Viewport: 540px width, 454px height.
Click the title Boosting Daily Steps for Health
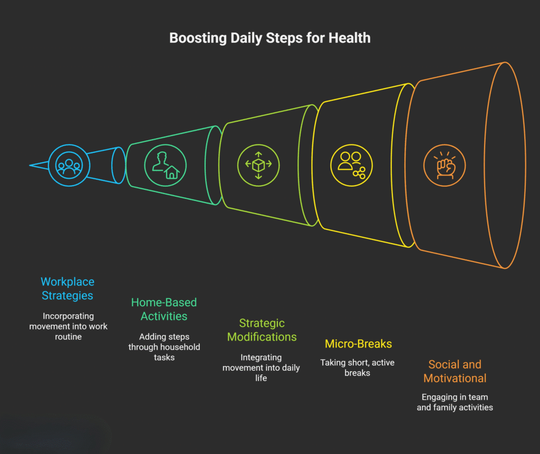pos(269,38)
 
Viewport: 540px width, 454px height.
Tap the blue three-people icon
pos(69,165)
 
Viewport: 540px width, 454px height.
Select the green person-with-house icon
pos(165,165)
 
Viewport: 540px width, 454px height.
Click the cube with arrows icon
pos(258,165)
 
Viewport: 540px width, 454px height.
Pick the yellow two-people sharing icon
pos(351,165)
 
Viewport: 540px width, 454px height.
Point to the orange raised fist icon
pos(445,165)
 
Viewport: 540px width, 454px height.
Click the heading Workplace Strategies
pos(67,288)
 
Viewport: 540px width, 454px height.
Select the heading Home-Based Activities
pos(163,309)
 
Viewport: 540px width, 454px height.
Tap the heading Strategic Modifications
pos(262,330)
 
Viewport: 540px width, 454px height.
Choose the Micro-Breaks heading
pos(358,344)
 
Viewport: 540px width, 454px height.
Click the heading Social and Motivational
pos(455,371)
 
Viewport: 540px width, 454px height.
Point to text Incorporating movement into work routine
pos(68,326)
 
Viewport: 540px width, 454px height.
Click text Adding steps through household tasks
pos(164,346)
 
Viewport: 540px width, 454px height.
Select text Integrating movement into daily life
pos(261,368)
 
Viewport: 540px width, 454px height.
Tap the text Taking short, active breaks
pos(357,368)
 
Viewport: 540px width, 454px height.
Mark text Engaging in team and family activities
pos(455,402)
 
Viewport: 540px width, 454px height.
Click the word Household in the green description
pos(182,347)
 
